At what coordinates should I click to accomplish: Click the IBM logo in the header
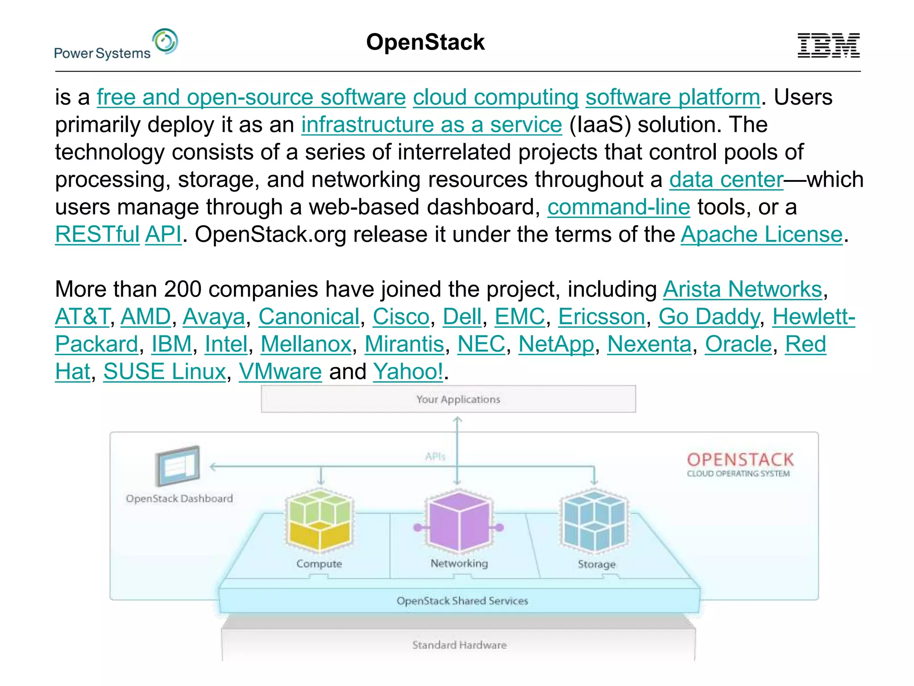828,45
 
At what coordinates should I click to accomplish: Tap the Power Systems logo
116,45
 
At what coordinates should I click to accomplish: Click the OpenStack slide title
425,42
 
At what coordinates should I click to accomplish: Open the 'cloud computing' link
495,97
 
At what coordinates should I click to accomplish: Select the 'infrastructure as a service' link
431,125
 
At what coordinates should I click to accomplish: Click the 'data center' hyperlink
726,180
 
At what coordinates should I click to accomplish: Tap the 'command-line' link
619,207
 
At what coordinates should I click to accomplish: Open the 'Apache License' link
761,234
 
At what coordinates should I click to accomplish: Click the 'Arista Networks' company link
742,289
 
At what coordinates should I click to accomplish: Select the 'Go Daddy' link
709,317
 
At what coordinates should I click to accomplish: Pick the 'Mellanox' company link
306,344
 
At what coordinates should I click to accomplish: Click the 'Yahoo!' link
408,372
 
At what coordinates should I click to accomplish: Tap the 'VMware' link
280,372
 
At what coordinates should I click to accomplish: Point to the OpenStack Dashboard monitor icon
178,466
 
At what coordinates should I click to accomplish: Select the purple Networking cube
459,522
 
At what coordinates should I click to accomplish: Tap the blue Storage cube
594,522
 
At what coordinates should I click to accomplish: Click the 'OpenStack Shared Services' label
462,601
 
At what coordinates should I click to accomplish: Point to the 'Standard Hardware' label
459,645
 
